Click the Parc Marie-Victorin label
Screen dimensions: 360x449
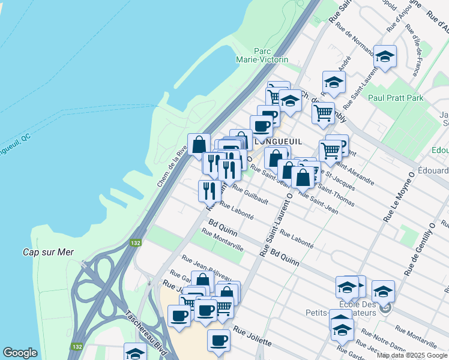[x=271, y=55]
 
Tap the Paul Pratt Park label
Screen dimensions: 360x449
[x=396, y=98]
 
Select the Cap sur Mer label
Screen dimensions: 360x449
[x=48, y=252]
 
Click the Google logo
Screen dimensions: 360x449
[x=20, y=353]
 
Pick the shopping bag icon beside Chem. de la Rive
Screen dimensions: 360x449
[x=199, y=144]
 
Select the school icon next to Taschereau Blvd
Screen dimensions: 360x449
[x=135, y=352]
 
